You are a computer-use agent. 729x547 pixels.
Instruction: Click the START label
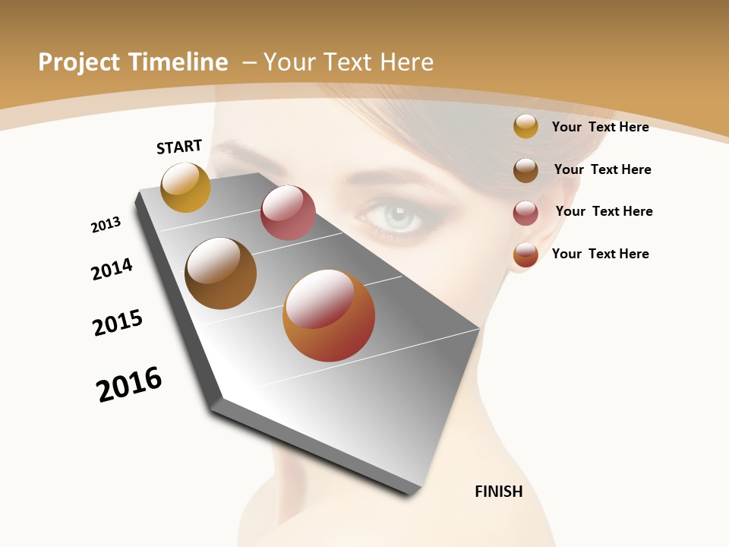point(179,147)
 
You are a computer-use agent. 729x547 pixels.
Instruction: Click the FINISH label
point(499,492)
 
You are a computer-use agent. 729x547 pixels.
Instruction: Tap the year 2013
point(106,225)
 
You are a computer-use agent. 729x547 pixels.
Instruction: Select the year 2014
point(112,269)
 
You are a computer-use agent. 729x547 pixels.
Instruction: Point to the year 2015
point(118,323)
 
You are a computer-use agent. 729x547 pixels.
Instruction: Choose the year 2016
point(129,384)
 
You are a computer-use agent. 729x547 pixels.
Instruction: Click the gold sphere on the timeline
point(185,187)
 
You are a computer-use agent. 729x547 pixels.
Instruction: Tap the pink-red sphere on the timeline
point(288,213)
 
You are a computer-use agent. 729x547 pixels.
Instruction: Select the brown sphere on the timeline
point(220,273)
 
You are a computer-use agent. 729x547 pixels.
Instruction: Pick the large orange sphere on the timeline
point(329,315)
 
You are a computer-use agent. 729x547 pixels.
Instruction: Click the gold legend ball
point(525,127)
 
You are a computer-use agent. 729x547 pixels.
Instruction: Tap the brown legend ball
point(525,170)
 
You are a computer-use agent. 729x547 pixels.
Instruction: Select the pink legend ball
point(525,213)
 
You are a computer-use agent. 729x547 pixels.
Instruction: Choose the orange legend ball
point(525,255)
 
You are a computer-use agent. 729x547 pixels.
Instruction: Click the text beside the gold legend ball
point(600,127)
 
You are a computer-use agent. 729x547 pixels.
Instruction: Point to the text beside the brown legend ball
point(602,169)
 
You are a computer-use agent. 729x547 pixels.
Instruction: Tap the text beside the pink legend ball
point(604,211)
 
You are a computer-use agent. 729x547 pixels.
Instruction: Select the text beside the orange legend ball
point(600,254)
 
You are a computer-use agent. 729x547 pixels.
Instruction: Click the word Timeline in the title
point(181,62)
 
